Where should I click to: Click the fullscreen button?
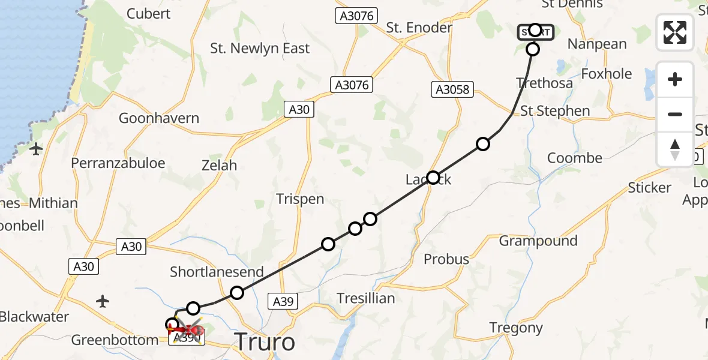coord(675,32)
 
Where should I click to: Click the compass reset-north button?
coord(675,149)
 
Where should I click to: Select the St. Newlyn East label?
coord(260,49)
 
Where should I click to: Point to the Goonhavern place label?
coord(158,118)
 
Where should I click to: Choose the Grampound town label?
coord(538,241)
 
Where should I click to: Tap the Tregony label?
coord(516,328)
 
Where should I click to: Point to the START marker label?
coord(536,32)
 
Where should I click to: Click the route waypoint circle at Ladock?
coord(433,178)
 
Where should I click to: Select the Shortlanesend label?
coord(217,272)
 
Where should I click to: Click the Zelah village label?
coord(219,165)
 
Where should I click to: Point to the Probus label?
coord(446,259)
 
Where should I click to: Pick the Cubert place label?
coord(149,14)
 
